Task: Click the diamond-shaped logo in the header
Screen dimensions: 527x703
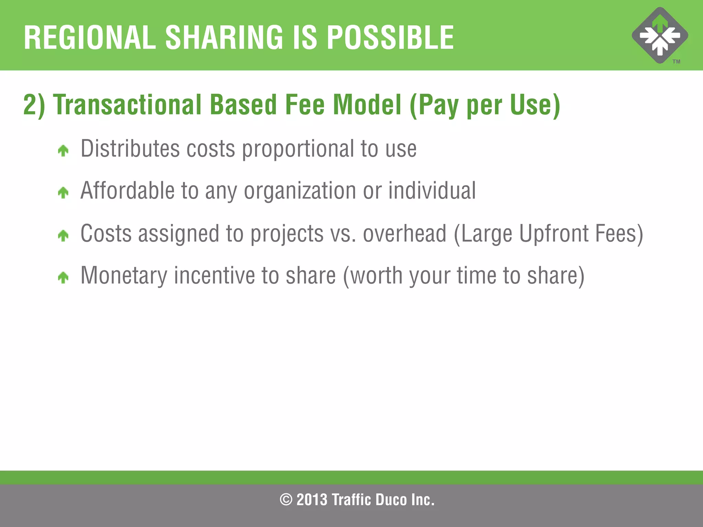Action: pyautogui.click(x=660, y=35)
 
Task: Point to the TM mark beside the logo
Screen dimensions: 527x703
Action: pyautogui.click(x=676, y=62)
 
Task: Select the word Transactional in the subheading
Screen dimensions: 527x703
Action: pyautogui.click(x=127, y=105)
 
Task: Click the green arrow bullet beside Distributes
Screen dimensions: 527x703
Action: pyautogui.click(x=63, y=150)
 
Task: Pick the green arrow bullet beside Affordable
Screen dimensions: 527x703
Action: pyautogui.click(x=63, y=192)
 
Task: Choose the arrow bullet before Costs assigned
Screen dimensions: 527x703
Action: pyautogui.click(x=63, y=235)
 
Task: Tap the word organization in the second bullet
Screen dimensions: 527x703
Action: pyautogui.click(x=300, y=191)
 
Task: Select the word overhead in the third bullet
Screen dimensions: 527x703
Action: pyautogui.click(x=405, y=234)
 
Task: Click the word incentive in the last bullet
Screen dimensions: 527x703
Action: pyautogui.click(x=214, y=276)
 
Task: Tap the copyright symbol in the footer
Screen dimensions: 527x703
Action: pyautogui.click(x=286, y=500)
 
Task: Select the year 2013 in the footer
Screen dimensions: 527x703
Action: pyautogui.click(x=312, y=500)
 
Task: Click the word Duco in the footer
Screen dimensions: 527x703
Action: pyautogui.click(x=391, y=500)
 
